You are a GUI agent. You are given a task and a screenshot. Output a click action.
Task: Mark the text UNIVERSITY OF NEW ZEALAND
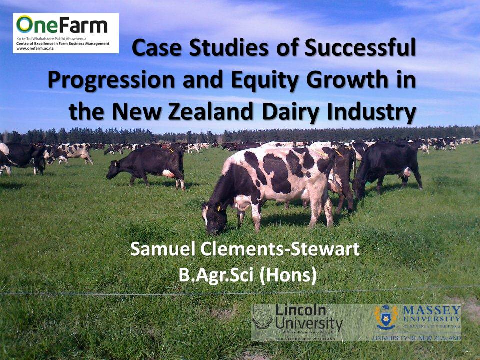point(417,338)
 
